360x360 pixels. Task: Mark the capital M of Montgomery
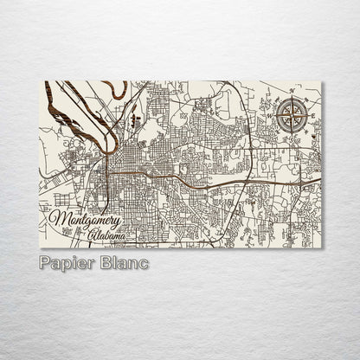[x=59, y=218]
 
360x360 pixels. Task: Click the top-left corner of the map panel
[x=40, y=81]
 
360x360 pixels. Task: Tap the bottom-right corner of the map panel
[x=321, y=248]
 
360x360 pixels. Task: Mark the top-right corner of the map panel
[x=321, y=81]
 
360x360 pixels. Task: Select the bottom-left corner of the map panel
[x=40, y=248]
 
